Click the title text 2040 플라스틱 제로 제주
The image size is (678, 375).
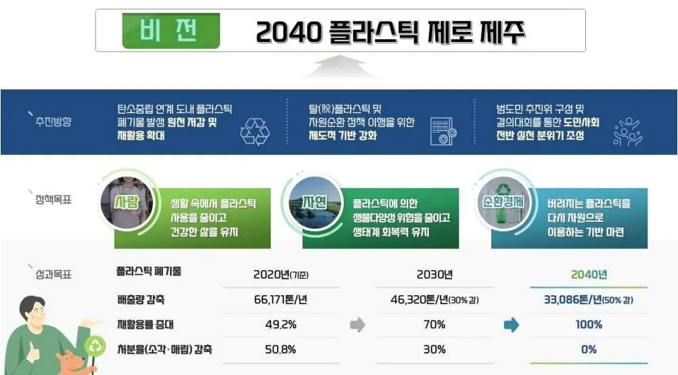click(x=390, y=32)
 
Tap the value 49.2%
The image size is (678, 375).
click(x=280, y=325)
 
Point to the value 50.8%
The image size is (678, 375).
click(x=280, y=350)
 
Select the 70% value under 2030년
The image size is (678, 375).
click(x=434, y=325)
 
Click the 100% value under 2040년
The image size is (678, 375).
click(x=589, y=325)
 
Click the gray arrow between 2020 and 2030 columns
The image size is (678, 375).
click(x=357, y=326)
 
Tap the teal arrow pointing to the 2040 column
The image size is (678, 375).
click(x=512, y=326)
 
